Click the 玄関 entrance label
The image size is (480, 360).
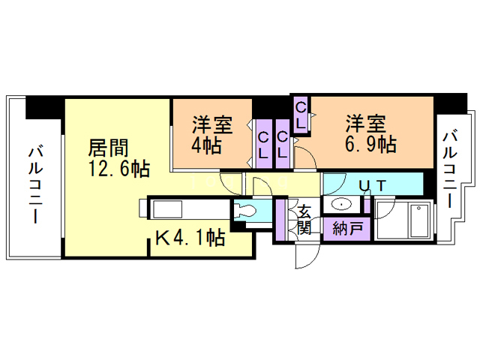click(x=304, y=218)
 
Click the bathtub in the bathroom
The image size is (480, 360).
click(x=403, y=218)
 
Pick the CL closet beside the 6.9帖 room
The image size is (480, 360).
click(x=301, y=115)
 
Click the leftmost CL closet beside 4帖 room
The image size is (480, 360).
click(x=264, y=145)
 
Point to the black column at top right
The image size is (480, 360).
click(x=451, y=103)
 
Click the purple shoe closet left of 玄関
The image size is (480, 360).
click(x=280, y=220)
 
